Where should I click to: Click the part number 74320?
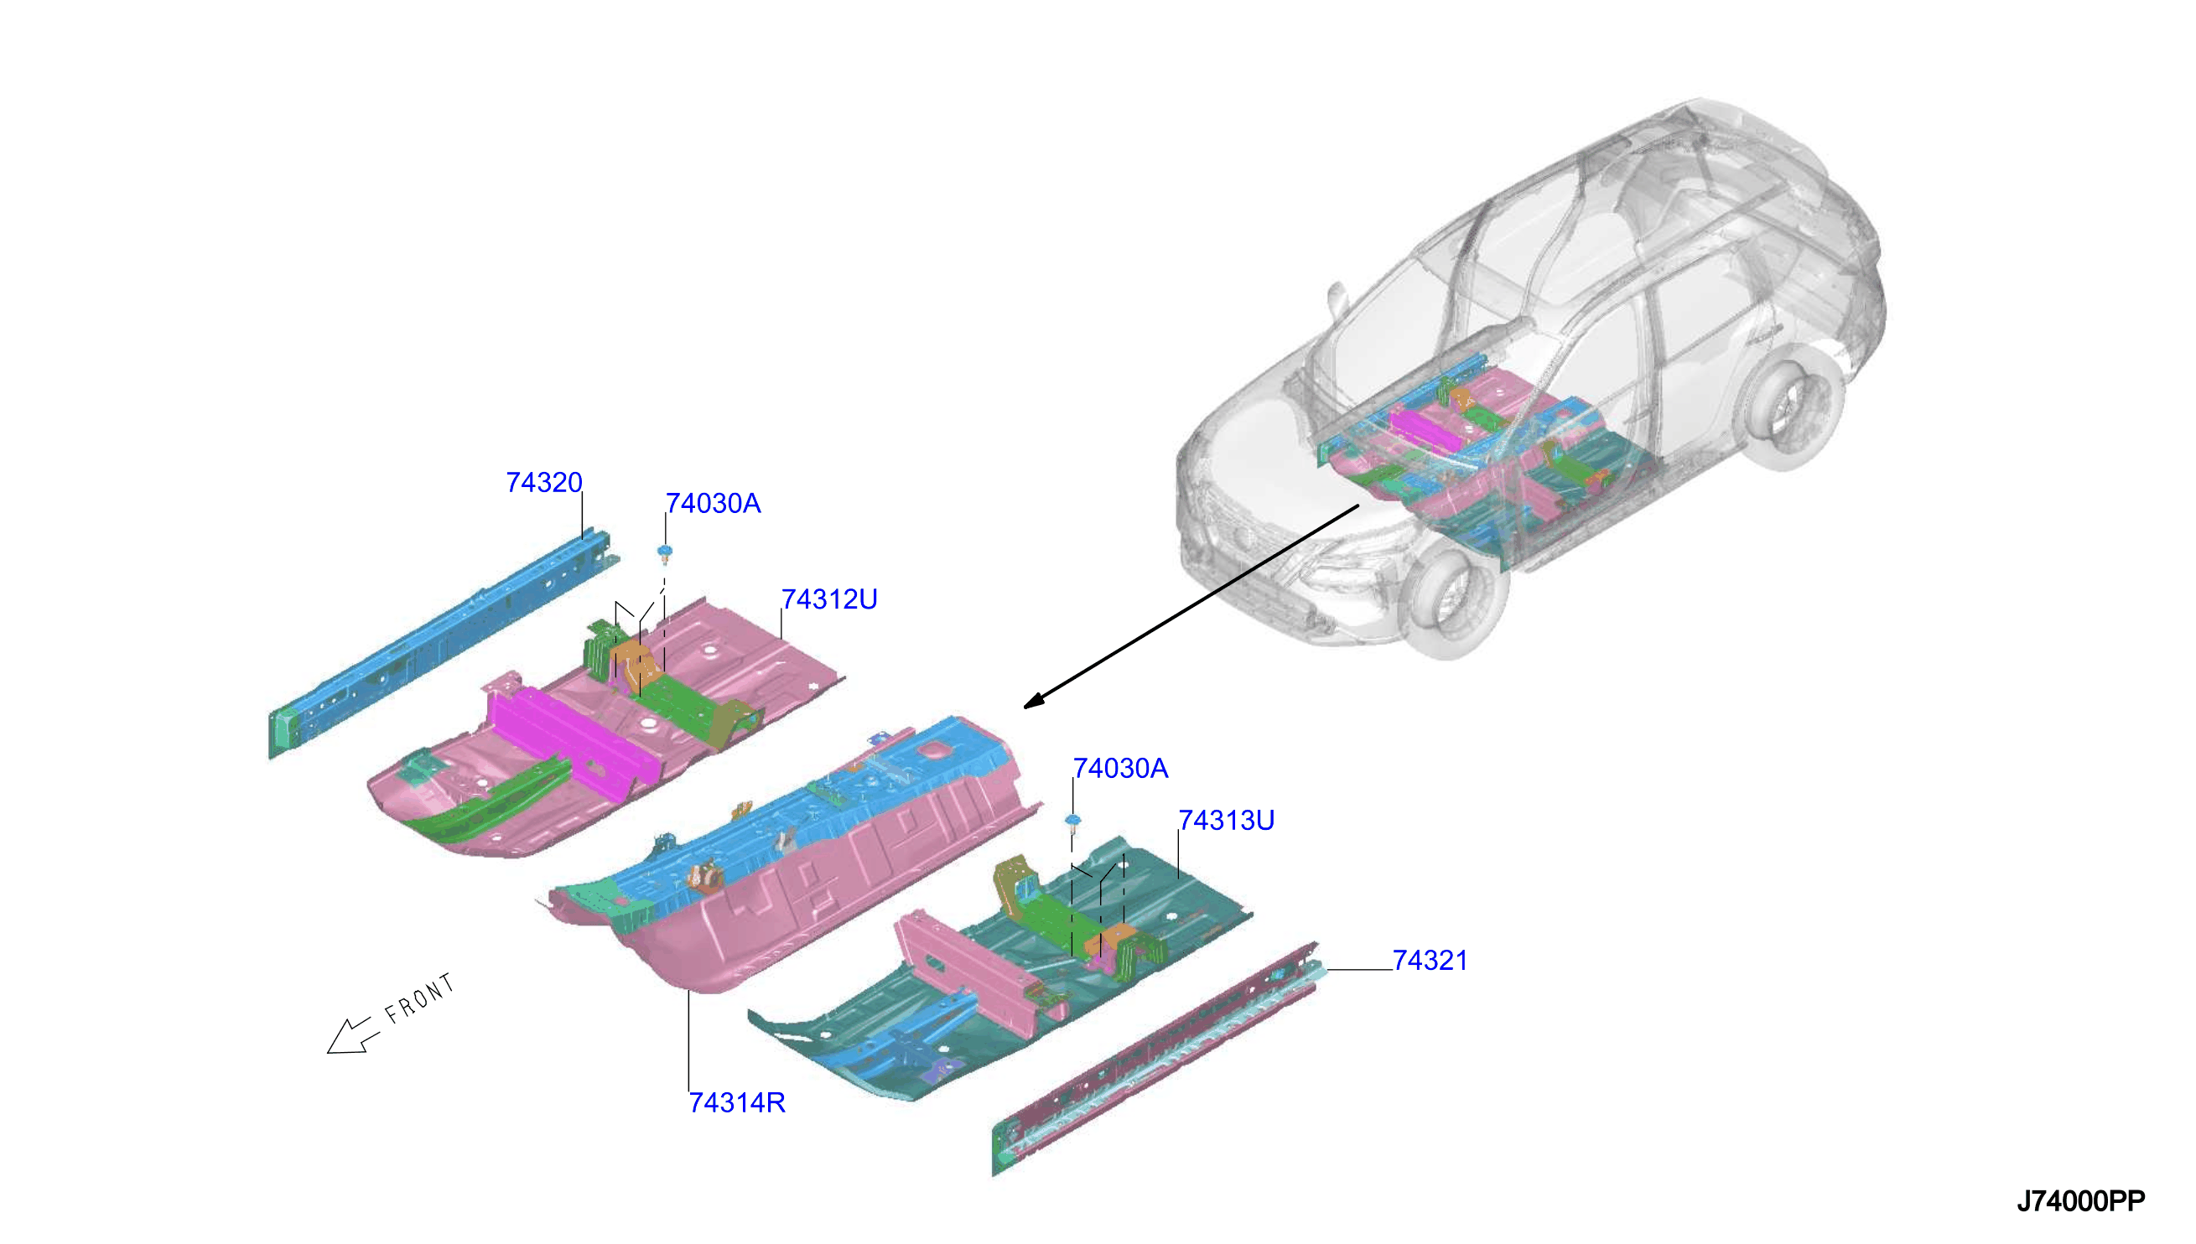543,483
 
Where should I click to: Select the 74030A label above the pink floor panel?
713,503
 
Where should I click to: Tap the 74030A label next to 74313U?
1120,768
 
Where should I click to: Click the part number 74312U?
828,599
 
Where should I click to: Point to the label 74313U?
1226,820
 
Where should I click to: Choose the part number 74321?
1430,961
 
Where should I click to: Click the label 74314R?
736,1102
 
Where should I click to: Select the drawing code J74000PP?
2080,1201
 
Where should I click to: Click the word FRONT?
419,998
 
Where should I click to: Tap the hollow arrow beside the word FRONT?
353,1035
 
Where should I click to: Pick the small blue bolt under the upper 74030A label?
664,552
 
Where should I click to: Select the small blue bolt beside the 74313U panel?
1073,821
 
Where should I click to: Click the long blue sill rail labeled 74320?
443,642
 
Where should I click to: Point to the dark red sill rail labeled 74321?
1155,1060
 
